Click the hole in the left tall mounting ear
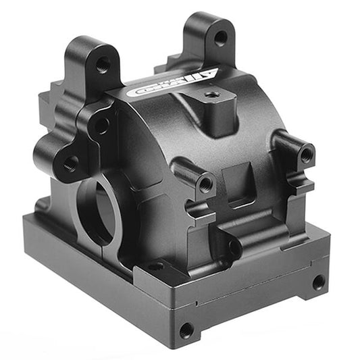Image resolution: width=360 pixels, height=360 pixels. [103, 65]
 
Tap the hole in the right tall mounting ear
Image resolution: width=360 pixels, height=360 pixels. [220, 38]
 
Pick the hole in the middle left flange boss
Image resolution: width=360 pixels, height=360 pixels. [101, 125]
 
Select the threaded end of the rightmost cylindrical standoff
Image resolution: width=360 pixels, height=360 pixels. [306, 155]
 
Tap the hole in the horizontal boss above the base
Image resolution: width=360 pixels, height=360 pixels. [234, 248]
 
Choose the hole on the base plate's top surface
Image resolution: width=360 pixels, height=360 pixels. [156, 266]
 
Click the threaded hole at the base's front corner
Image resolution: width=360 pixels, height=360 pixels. [186, 330]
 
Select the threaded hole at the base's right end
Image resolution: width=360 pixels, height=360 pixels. [317, 282]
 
